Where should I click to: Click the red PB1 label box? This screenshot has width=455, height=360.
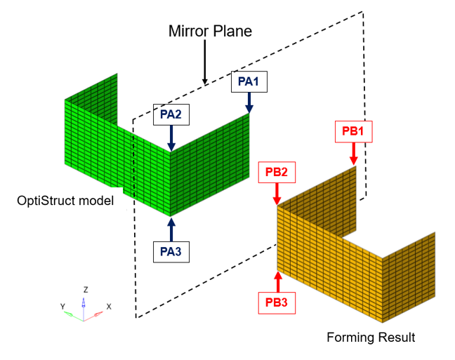(x=353, y=131)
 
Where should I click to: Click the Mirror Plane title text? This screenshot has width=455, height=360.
(x=209, y=32)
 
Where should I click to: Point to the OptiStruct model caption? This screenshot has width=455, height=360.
(x=65, y=202)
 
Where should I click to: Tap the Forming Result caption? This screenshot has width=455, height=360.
(x=371, y=338)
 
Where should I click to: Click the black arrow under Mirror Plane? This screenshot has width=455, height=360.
(x=205, y=63)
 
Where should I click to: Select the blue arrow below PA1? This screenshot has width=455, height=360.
(x=249, y=102)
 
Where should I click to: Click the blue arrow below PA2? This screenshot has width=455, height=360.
(x=171, y=136)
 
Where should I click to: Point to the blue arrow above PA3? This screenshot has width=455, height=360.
(x=171, y=229)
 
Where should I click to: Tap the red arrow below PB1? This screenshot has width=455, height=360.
(x=353, y=153)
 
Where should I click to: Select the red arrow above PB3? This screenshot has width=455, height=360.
(x=277, y=282)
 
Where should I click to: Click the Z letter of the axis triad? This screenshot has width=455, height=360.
(x=84, y=289)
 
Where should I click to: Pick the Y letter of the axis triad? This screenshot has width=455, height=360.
(x=62, y=306)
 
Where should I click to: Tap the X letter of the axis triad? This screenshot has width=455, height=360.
(x=109, y=307)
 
